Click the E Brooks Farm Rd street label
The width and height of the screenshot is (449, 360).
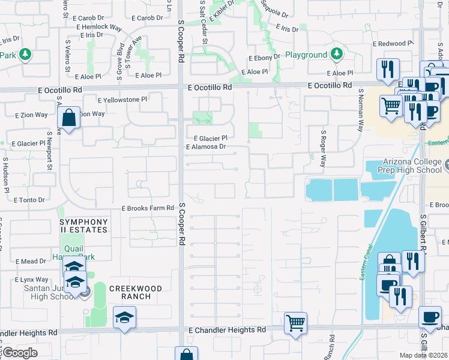(x=147, y=208)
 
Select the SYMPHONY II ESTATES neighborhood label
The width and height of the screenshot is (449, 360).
(x=83, y=226)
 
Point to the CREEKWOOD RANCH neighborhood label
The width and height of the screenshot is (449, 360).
(x=136, y=292)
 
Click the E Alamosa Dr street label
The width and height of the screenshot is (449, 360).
(x=206, y=146)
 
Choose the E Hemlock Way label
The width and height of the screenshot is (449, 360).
(x=98, y=27)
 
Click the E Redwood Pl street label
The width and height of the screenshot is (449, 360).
(x=393, y=44)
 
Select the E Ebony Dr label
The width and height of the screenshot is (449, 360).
(x=265, y=57)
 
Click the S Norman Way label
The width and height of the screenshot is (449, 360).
(x=361, y=110)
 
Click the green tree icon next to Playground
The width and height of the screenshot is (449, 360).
(x=337, y=55)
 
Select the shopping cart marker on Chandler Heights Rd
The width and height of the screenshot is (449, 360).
(x=295, y=322)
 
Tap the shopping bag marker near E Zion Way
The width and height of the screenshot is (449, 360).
(x=69, y=118)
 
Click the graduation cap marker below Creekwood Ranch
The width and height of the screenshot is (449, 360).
(x=125, y=317)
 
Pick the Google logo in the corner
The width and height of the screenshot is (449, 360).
(x=20, y=353)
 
